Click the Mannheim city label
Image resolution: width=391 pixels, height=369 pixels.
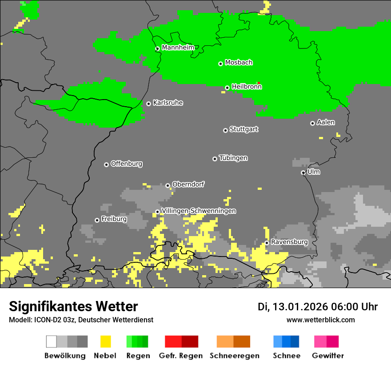click(x=178, y=48)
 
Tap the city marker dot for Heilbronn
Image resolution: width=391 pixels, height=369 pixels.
click(x=227, y=88)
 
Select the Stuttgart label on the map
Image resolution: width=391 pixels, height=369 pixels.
click(x=243, y=129)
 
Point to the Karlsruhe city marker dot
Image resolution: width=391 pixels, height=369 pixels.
click(x=148, y=104)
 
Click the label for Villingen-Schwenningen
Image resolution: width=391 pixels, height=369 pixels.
click(x=199, y=211)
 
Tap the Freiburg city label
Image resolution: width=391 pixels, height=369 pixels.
click(x=114, y=219)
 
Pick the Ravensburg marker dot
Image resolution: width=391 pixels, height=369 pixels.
click(x=267, y=243)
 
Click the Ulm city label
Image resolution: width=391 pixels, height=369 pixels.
click(x=313, y=172)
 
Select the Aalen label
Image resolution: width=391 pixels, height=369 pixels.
click(x=326, y=122)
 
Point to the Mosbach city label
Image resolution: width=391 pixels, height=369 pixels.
click(x=239, y=63)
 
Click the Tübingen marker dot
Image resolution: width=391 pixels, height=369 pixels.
click(x=215, y=159)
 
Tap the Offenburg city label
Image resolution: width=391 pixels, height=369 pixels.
click(x=126, y=164)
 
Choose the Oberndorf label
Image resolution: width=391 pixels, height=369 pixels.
click(x=188, y=184)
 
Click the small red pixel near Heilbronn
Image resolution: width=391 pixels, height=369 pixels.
click(x=259, y=83)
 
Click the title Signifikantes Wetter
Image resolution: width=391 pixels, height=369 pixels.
click(x=73, y=306)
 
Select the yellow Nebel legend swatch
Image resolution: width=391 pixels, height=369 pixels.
click(x=105, y=341)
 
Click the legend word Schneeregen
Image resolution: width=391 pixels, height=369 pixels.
click(x=234, y=356)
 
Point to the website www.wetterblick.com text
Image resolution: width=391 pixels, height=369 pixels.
click(x=320, y=320)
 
